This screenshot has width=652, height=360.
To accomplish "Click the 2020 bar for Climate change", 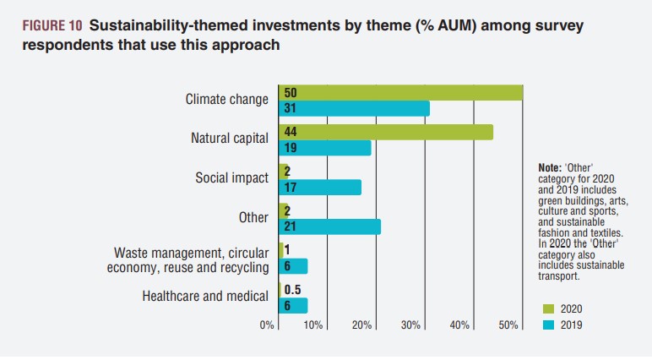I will coord(405,92).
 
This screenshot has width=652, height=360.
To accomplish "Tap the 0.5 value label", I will coord(292,290).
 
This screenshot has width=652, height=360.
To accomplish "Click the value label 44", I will coord(291,132).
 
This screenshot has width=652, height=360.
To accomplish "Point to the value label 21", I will coord(291,226).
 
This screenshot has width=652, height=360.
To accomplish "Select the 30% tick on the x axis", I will coord(410,326).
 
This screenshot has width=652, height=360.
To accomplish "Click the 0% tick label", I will coord(267,326).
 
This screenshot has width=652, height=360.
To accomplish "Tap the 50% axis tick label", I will coord(508,326).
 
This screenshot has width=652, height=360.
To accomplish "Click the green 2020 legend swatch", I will coord(548,308).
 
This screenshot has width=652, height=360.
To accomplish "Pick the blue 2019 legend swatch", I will coord(548,325).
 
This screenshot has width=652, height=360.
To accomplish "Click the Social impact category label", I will coord(231,178).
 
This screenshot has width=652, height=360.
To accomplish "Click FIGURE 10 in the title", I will coord(51,26).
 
